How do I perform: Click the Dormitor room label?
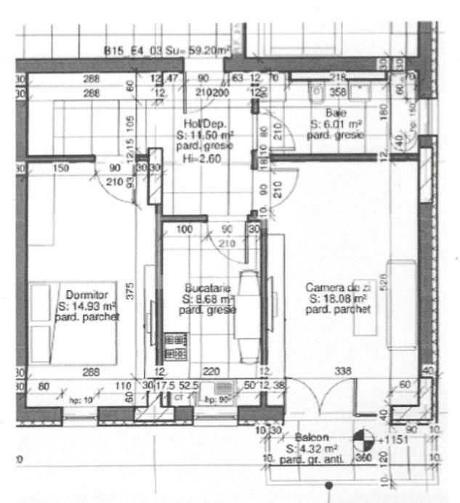[86, 295]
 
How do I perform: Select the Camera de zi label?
[337, 288]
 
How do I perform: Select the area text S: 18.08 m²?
[337, 299]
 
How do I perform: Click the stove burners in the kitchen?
[175, 346]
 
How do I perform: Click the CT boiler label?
[179, 398]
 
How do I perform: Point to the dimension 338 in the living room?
[343, 371]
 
